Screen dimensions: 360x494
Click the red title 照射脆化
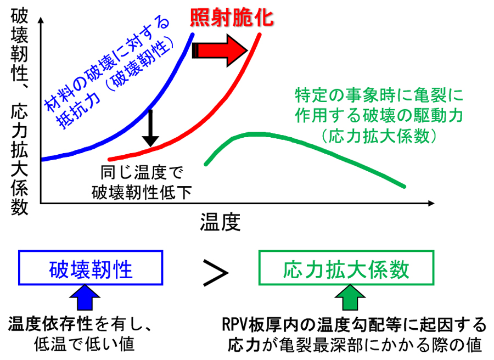tap(231, 19)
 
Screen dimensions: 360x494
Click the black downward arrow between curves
tap(150, 128)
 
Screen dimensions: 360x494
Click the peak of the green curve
tap(252, 134)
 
